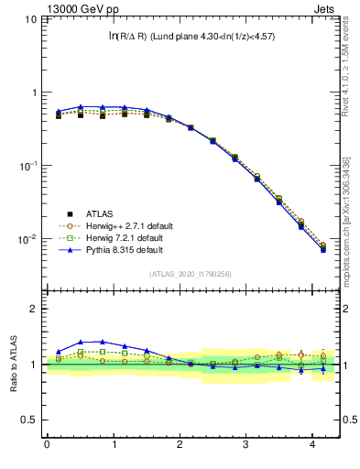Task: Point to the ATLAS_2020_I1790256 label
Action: pyautogui.click(x=191, y=274)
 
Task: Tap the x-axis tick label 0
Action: pyautogui.click(x=47, y=444)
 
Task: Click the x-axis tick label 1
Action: pyautogui.click(x=114, y=444)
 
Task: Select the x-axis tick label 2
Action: pyautogui.click(x=180, y=444)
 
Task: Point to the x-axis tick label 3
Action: pyautogui.click(x=246, y=444)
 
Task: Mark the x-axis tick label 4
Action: pyautogui.click(x=312, y=444)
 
